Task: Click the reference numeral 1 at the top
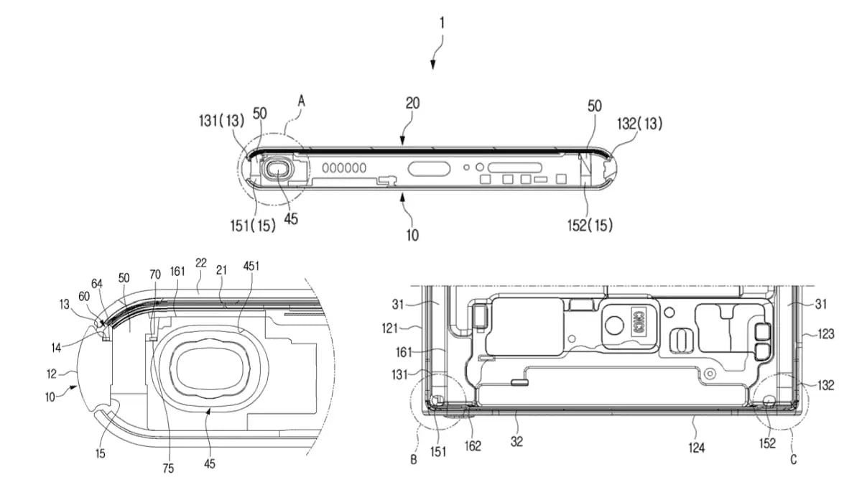pyautogui.click(x=442, y=23)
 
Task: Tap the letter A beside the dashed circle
pyautogui.click(x=302, y=102)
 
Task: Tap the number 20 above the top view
pyautogui.click(x=412, y=103)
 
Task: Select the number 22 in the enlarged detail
pyautogui.click(x=201, y=264)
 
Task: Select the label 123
pyautogui.click(x=824, y=333)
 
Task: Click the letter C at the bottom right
pyautogui.click(x=793, y=458)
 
